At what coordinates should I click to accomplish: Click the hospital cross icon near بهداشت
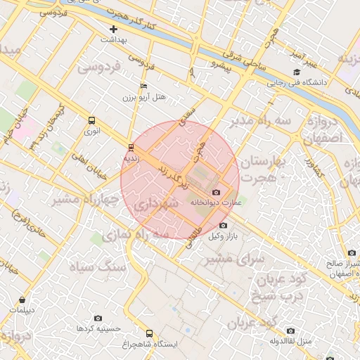click(113, 29)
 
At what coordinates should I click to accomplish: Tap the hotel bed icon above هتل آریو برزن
click(144, 86)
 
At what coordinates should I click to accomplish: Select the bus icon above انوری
click(92, 120)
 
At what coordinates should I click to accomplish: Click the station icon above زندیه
click(131, 147)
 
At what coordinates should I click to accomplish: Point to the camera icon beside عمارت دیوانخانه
click(216, 193)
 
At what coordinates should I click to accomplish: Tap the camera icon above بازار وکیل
click(224, 225)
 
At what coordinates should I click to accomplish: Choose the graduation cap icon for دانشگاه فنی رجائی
click(297, 72)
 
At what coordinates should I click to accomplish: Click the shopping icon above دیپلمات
click(22, 300)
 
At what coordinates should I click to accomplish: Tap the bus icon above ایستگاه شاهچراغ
click(148, 333)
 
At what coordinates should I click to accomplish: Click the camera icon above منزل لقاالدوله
click(290, 330)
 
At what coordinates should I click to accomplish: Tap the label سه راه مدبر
click(264, 122)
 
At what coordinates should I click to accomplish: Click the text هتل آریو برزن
click(153, 97)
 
